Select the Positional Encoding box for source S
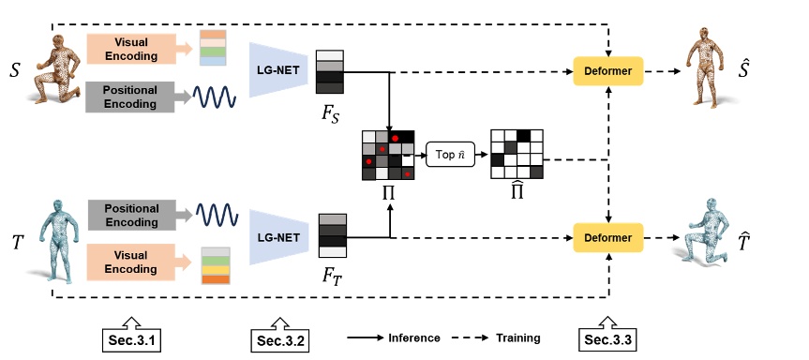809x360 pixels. (131, 96)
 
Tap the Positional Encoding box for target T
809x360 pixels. (131, 214)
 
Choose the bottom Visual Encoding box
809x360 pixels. (131, 262)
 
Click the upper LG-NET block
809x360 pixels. (278, 70)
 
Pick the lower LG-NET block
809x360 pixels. (278, 236)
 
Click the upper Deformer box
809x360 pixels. (608, 70)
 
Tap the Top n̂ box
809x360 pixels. (452, 155)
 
